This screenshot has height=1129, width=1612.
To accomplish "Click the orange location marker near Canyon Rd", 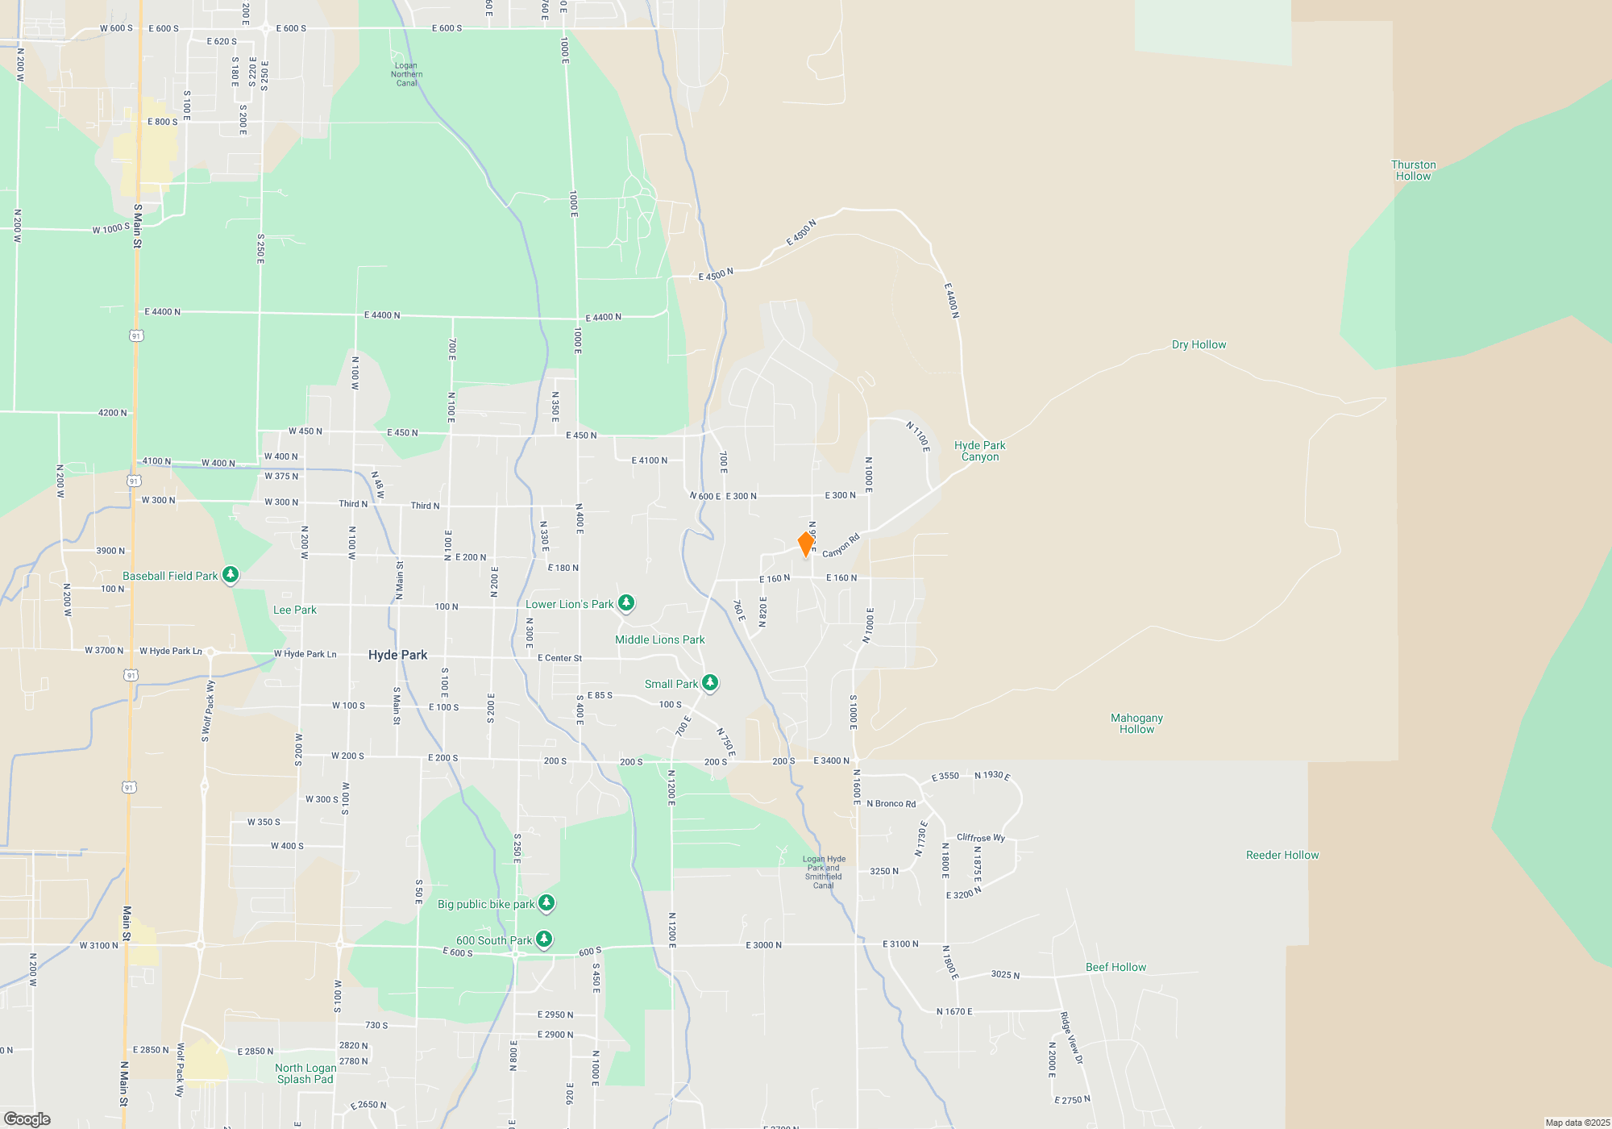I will click(805, 544).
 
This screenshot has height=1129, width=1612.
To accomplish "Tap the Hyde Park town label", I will click(397, 655).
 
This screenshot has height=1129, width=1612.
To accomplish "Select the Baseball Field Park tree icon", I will click(231, 574).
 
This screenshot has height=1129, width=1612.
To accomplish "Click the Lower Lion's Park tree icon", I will click(625, 603).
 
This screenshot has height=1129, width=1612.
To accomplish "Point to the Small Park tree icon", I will click(709, 683).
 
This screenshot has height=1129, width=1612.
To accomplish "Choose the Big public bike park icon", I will click(546, 902).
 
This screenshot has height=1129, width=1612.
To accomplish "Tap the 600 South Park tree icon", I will click(544, 939).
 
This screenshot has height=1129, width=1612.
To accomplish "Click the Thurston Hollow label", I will click(1413, 170).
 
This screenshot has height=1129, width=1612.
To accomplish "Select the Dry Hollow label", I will click(1199, 344).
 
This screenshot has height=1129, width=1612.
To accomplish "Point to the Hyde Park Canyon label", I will click(979, 451).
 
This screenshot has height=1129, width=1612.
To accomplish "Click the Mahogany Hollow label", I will click(1136, 723).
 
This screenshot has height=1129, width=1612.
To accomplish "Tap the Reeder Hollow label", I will click(1282, 855).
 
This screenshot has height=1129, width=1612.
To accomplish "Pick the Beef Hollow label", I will click(1116, 967).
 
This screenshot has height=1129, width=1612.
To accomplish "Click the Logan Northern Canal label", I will click(406, 74).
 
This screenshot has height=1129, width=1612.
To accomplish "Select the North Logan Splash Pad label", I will click(305, 1073).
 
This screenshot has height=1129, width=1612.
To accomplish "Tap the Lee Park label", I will click(295, 610).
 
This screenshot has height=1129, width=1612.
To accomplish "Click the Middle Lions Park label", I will click(659, 639).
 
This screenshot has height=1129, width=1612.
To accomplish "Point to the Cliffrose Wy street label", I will click(981, 837).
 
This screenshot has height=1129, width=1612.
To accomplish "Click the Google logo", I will click(27, 1119).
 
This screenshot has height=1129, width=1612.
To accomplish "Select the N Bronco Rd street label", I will click(891, 803).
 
